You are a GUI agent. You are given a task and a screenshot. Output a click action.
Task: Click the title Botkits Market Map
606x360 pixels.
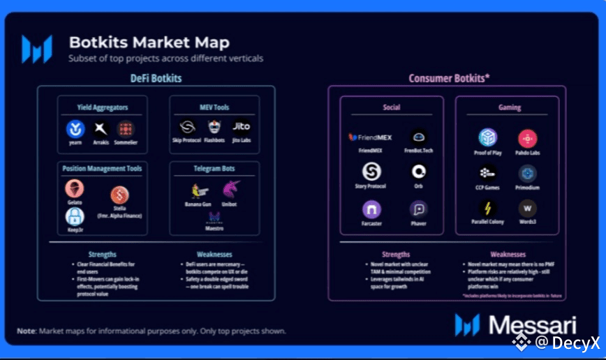click(149, 43)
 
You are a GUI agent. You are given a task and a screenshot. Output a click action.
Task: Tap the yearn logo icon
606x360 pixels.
click(75, 129)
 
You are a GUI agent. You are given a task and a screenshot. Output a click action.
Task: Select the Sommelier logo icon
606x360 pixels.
click(126, 129)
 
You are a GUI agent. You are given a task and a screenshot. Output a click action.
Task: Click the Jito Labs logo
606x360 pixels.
click(241, 127)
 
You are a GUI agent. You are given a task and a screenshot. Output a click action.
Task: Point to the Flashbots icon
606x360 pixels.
click(214, 128)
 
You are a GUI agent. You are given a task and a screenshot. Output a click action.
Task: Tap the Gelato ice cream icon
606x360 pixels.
click(75, 188)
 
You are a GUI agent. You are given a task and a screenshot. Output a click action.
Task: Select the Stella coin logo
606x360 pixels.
click(119, 195)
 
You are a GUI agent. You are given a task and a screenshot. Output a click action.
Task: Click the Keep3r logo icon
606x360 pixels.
click(75, 216)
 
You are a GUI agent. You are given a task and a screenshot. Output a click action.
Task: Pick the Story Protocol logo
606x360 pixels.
click(371, 172)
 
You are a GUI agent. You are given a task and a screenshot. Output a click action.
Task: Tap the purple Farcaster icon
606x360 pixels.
click(371, 209)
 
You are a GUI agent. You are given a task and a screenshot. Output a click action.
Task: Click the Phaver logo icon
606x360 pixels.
click(419, 209)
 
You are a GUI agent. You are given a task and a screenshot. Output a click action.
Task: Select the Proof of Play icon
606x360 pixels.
click(488, 137)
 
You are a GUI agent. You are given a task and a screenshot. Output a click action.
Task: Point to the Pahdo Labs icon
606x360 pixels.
click(527, 138)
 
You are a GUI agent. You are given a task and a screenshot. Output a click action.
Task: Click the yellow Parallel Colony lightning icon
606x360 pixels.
click(488, 208)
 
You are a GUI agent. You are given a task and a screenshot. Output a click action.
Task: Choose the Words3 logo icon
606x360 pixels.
click(527, 208)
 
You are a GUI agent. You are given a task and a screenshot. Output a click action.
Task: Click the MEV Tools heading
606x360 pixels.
click(214, 107)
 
